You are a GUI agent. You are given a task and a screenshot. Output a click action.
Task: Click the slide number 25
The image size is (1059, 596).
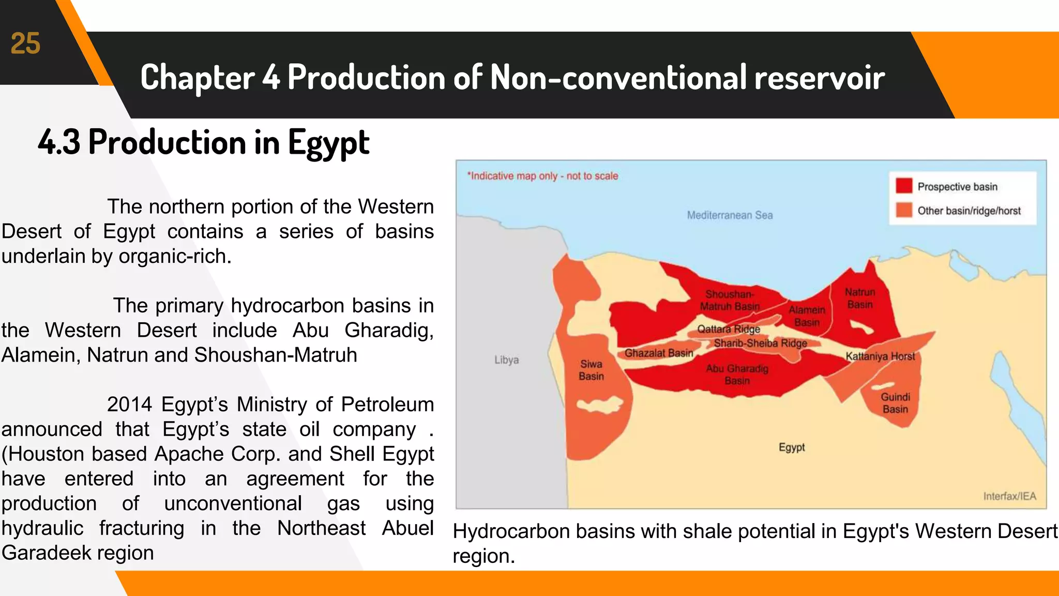click(x=25, y=43)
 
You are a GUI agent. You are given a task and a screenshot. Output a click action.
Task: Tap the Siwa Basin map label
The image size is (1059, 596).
click(x=591, y=370)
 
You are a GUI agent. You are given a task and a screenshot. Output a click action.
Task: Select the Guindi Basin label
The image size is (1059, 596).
click(x=895, y=403)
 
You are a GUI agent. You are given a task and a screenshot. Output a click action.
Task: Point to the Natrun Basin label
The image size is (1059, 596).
click(x=860, y=299)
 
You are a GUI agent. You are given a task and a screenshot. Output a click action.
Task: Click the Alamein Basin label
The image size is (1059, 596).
click(x=807, y=316)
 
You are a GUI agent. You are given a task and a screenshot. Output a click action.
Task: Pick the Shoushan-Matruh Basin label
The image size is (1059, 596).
click(x=730, y=301)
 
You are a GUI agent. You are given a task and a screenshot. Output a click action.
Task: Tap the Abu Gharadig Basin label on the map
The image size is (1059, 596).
click(x=737, y=375)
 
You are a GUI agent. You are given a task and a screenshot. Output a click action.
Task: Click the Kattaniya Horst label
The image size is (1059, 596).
click(x=880, y=356)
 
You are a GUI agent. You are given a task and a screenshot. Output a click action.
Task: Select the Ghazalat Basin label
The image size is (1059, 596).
click(x=658, y=353)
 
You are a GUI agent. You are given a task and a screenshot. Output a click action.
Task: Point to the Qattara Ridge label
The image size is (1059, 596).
click(x=728, y=329)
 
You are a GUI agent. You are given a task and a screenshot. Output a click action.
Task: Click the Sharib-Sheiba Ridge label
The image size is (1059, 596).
click(x=760, y=343)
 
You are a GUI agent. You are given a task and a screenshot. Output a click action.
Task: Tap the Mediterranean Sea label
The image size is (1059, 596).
click(x=730, y=215)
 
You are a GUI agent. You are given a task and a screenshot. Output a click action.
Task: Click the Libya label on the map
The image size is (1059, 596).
click(x=506, y=360)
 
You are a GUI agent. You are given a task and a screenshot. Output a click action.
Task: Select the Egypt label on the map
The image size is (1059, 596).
click(x=792, y=448)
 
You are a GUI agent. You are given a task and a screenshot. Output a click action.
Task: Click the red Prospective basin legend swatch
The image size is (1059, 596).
click(x=904, y=186)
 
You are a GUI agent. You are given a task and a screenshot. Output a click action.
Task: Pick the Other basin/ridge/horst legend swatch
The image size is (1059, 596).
click(x=904, y=210)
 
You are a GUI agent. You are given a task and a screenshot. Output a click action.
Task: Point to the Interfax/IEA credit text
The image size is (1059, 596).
click(x=1009, y=496)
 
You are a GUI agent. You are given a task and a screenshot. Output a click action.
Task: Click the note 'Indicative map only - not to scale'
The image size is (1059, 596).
click(x=542, y=176)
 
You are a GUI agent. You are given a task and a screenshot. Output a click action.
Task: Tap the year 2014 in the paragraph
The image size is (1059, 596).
click(x=129, y=405)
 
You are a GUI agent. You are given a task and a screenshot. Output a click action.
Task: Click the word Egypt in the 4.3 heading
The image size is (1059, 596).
click(x=328, y=142)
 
